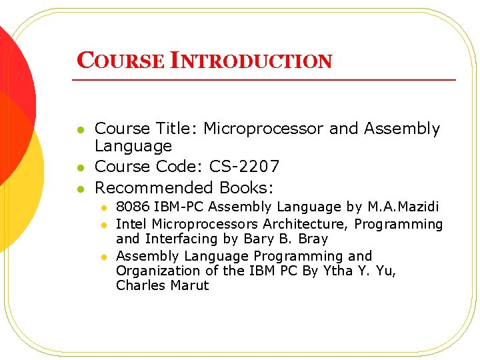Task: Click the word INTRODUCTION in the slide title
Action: coord(251,61)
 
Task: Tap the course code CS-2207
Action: coord(244,167)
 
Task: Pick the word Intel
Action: coord(131,224)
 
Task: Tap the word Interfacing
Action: coord(183,239)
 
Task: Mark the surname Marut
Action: coord(189,285)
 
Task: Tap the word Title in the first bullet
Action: coord(177,129)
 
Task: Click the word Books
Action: coord(247,187)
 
